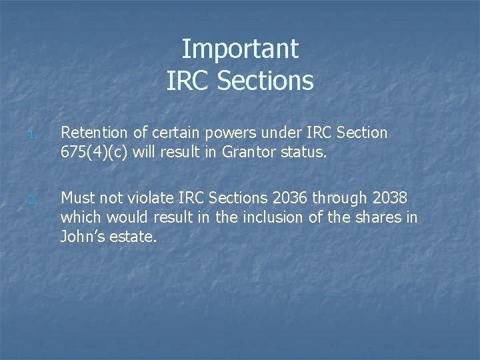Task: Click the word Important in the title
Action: (240, 49)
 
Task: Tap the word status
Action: (304, 152)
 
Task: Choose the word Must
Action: (79, 198)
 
